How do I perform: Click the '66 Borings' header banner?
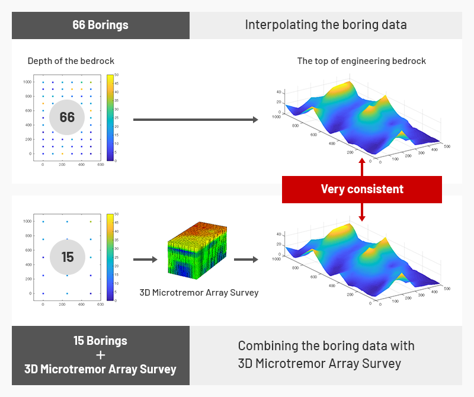pyautogui.click(x=100, y=25)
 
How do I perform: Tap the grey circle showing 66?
pyautogui.click(x=67, y=117)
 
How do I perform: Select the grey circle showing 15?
pyautogui.click(x=67, y=257)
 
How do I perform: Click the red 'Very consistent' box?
pyautogui.click(x=362, y=190)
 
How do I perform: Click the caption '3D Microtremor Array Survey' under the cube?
pyautogui.click(x=199, y=292)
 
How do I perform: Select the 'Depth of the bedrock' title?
pyautogui.click(x=71, y=61)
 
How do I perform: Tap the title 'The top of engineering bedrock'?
pyautogui.click(x=361, y=61)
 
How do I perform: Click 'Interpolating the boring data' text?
pyautogui.click(x=326, y=25)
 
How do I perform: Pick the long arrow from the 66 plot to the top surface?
pyautogui.click(x=196, y=120)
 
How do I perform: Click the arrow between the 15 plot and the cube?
pyautogui.click(x=145, y=259)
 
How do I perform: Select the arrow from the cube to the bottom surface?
pyautogui.click(x=246, y=259)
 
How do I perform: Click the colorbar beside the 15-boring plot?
pyautogui.click(x=110, y=257)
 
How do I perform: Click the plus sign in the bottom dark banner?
pyautogui.click(x=100, y=355)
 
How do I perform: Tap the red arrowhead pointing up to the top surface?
pyautogui.click(x=362, y=162)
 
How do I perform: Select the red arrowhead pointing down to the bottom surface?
pyautogui.click(x=362, y=218)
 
